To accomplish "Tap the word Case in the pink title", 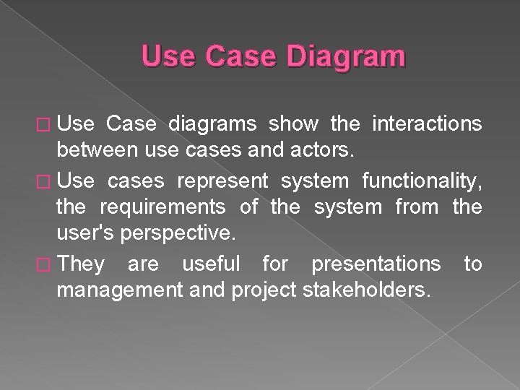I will [245, 56].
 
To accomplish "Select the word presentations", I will [375, 264].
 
